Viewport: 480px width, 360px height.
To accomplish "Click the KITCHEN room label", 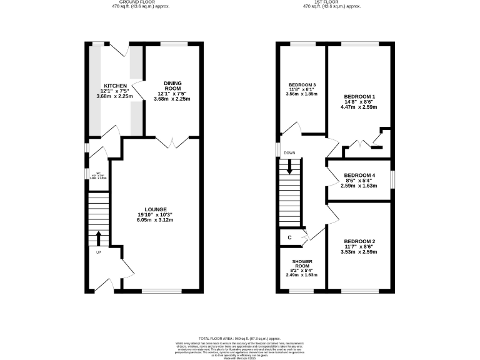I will pyautogui.click(x=116, y=86).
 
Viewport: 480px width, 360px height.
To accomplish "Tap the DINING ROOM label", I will pyautogui.click(x=173, y=86).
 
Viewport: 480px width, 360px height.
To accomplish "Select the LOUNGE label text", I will pyautogui.click(x=156, y=209).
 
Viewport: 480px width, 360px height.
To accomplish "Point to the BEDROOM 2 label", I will pyautogui.click(x=360, y=241).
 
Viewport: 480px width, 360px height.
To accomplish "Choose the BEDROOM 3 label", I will pyautogui.click(x=301, y=85).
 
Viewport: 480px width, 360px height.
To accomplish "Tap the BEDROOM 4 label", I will pyautogui.click(x=360, y=175).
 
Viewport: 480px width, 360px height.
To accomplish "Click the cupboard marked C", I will pyautogui.click(x=289, y=237).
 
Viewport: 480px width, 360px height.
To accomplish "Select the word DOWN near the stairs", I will pyautogui.click(x=289, y=153).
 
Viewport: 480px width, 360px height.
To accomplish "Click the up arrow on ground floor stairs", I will pyautogui.click(x=98, y=238).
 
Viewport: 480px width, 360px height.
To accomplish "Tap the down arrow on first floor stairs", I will pyautogui.click(x=289, y=167).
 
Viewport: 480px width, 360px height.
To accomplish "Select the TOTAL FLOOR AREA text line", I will pyautogui.click(x=239, y=337).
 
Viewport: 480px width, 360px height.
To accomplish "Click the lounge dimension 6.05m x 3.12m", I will pyautogui.click(x=156, y=220).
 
